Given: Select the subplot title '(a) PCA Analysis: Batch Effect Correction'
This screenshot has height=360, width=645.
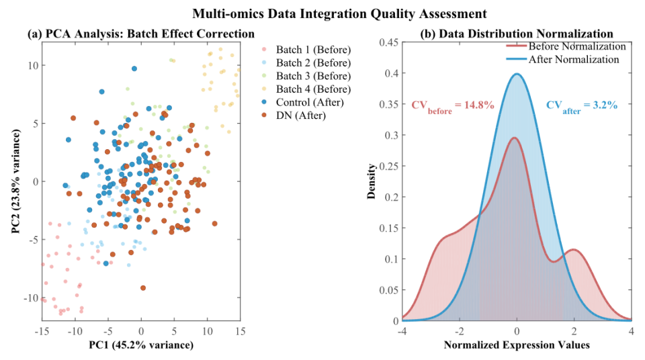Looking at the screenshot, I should click(x=140, y=34).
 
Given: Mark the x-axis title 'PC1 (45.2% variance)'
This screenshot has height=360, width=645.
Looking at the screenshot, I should click(x=140, y=345).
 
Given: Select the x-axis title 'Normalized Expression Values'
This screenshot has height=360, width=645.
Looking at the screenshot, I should click(x=516, y=345).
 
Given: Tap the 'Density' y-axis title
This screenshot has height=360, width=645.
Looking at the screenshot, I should click(x=371, y=181).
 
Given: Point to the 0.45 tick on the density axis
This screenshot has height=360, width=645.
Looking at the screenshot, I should click(x=387, y=42).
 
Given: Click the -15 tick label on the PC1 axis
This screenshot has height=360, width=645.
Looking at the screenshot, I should click(x=42, y=331).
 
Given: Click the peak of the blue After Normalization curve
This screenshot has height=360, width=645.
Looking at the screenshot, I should click(x=517, y=74).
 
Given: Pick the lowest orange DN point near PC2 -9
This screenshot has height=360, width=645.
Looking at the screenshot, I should click(x=143, y=287).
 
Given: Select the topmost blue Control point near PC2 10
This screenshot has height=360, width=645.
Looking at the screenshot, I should click(x=134, y=69).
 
